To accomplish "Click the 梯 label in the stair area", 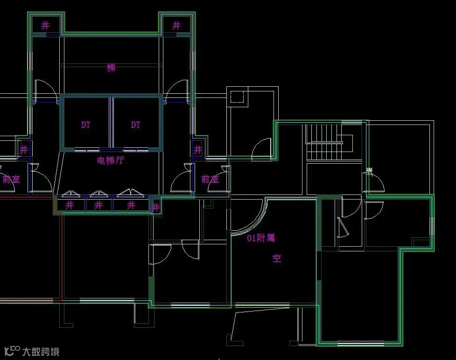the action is (x=111, y=68).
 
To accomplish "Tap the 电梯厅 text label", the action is (x=111, y=160).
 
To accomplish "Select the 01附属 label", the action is (x=261, y=238).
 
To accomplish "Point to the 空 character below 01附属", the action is (x=277, y=258).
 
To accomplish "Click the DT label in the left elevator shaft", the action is (x=86, y=125).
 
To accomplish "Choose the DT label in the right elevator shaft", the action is (x=135, y=125).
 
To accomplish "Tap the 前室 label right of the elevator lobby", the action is (x=210, y=179).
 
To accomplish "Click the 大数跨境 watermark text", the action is (x=41, y=351).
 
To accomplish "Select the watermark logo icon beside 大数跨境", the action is (x=12, y=350).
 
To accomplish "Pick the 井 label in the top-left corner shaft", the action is (x=45, y=26).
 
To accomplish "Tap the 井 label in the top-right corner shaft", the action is (x=176, y=26).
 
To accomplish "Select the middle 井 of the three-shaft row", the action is (x=98, y=205).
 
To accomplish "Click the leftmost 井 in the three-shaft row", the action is (x=70, y=205).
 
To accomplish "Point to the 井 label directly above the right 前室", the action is (x=198, y=150).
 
